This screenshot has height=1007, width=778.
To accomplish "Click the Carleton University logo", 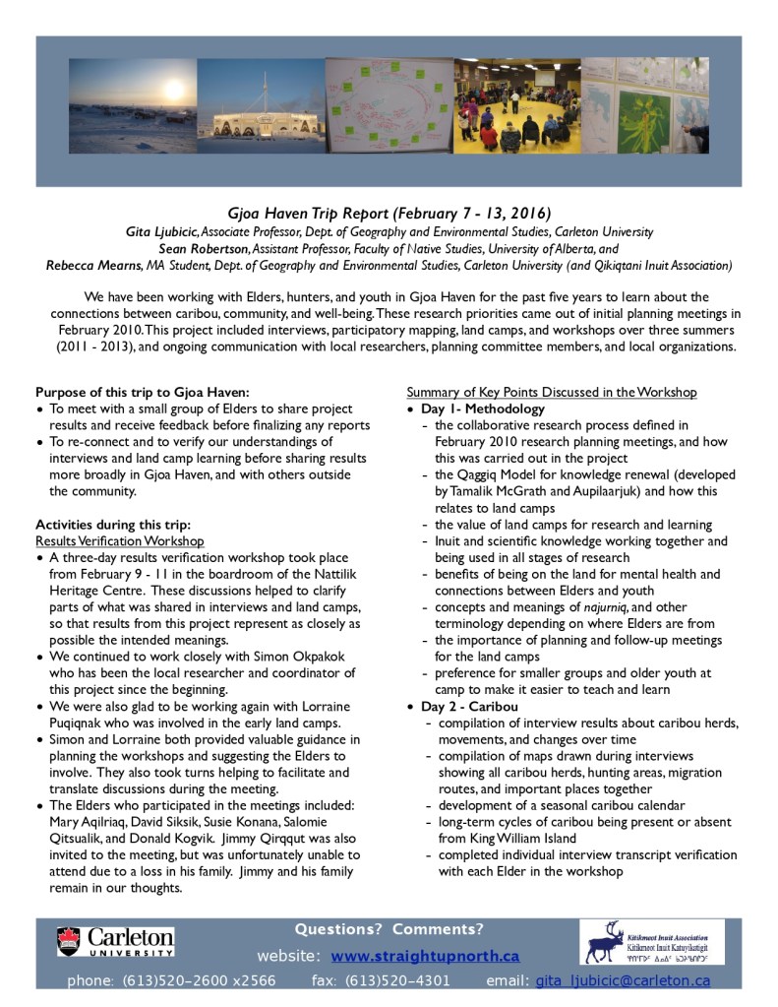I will [x=115, y=941].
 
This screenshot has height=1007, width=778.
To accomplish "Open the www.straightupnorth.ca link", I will [x=425, y=956].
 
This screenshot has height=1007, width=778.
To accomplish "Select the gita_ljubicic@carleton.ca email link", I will [x=622, y=980].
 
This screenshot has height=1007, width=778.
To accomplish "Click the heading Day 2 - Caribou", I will [x=471, y=706].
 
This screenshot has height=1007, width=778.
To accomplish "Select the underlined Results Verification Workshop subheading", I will [x=120, y=540].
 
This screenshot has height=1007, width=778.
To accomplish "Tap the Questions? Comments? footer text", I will [x=389, y=930].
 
